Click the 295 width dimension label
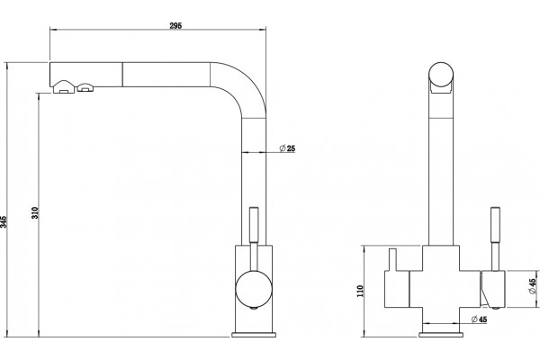tap(175, 25)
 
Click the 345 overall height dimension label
tap(4, 222)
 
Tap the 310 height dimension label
tap(35, 213)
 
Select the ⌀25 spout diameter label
tap(288, 148)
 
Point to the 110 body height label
tap(360, 291)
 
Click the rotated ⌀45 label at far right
tap(533, 286)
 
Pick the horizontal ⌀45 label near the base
tap(480, 319)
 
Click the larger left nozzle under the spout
tap(63, 86)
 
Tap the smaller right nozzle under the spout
tap(85, 88)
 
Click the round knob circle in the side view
tap(254, 289)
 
